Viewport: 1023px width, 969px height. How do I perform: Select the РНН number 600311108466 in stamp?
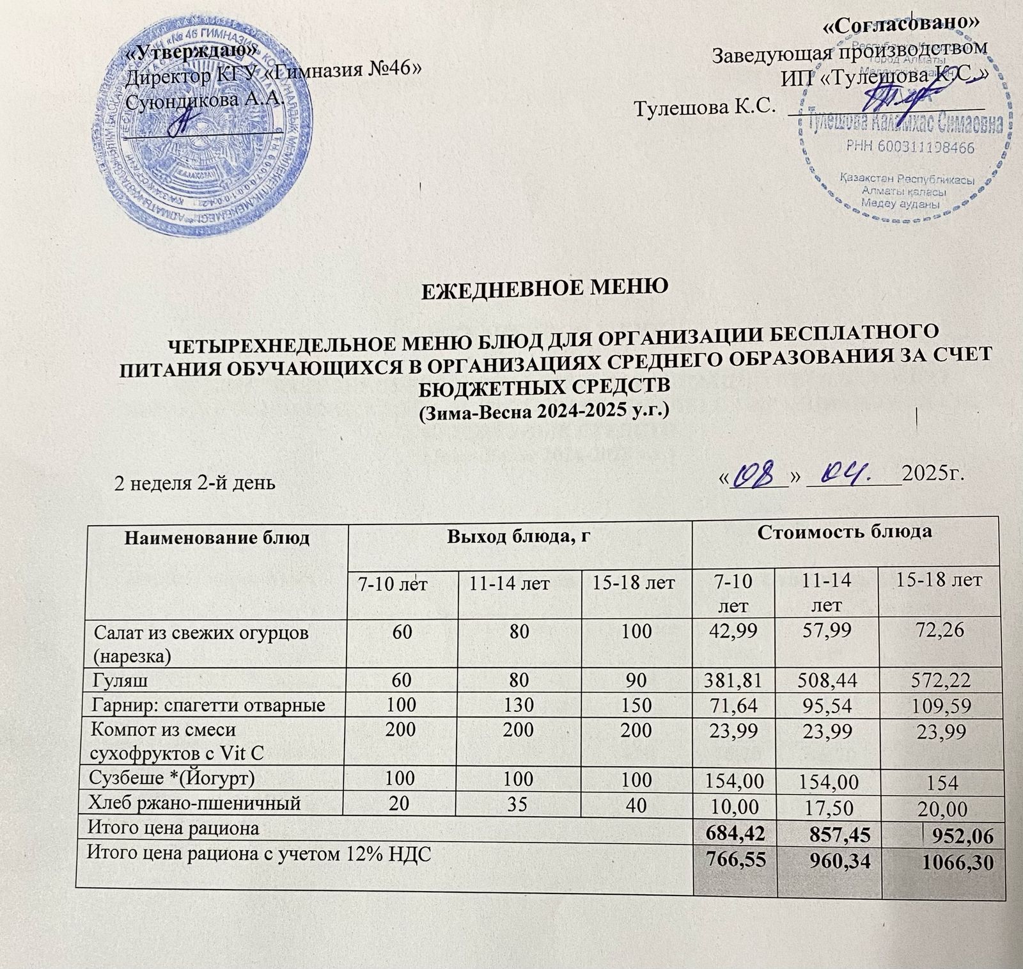click(909, 148)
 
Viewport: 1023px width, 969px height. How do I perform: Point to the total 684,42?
click(732, 833)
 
